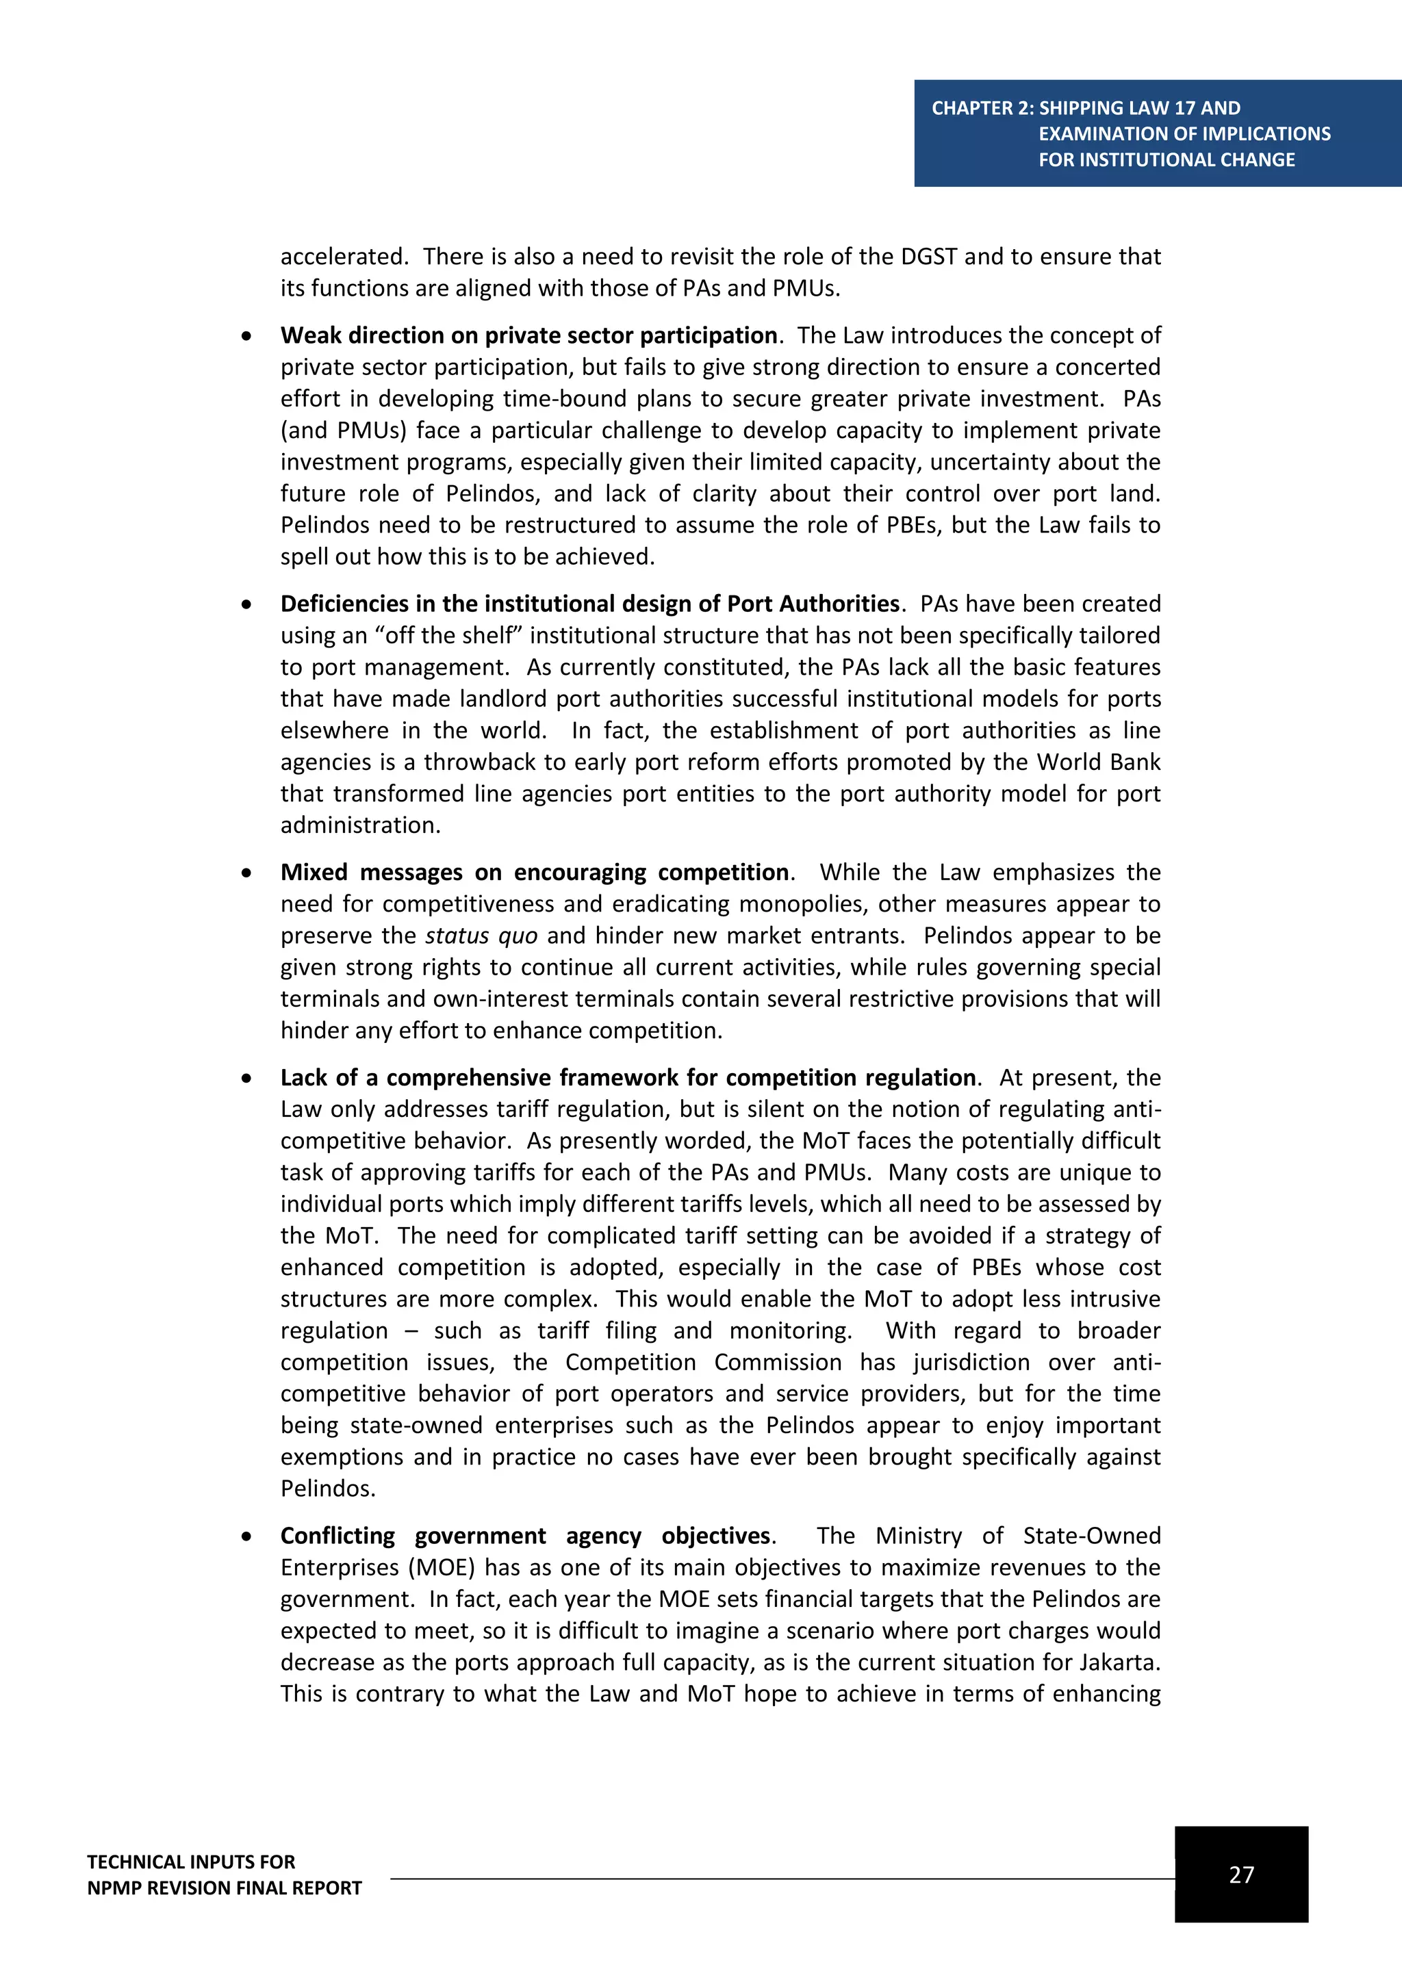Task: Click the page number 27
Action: tap(1240, 1873)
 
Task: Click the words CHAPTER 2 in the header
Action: tap(982, 108)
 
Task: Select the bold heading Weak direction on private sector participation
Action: tap(528, 335)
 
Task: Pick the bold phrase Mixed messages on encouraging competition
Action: tap(535, 872)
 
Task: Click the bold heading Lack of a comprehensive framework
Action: tap(628, 1077)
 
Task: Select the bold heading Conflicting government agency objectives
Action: tap(526, 1536)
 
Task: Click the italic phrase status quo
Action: tap(481, 936)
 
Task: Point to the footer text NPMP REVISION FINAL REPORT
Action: tap(225, 1888)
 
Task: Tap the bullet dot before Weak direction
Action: tap(247, 336)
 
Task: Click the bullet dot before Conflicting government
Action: tap(247, 1536)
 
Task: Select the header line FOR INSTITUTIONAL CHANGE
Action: tap(1167, 159)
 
